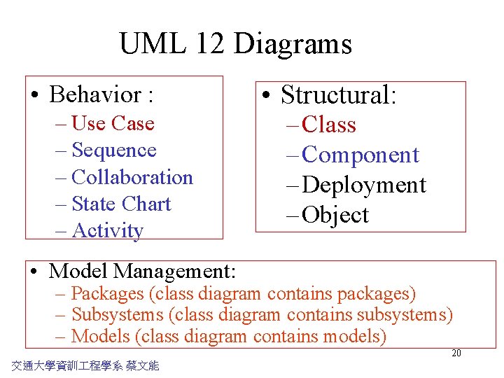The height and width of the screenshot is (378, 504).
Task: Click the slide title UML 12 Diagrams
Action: click(235, 43)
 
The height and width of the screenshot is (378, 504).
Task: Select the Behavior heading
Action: click(101, 94)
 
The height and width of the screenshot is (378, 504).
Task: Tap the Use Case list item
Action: click(113, 123)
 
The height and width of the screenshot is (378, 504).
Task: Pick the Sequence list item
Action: click(114, 150)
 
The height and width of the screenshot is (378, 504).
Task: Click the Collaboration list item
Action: click(132, 177)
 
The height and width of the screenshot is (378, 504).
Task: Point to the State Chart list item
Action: click(121, 204)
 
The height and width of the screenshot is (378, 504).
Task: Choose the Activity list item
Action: click(107, 230)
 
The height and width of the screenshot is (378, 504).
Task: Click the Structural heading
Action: click(339, 94)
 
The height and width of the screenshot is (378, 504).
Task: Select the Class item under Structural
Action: click(329, 125)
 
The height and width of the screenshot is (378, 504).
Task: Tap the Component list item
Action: click(360, 155)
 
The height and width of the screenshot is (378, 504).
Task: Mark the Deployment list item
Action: click(364, 185)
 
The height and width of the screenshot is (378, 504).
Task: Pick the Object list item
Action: click(335, 215)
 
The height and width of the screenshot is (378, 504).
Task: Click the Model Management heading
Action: click(143, 270)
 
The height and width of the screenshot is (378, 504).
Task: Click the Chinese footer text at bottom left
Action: click(85, 365)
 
